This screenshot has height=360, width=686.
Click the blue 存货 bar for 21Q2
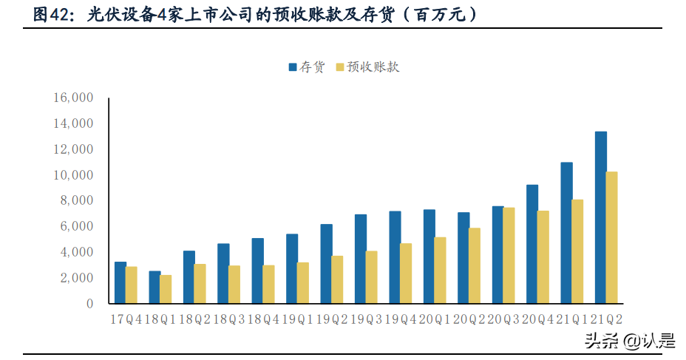coord(601,217)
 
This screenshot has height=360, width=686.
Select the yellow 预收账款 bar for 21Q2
coord(612,237)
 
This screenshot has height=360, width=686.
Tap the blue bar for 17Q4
coord(120,282)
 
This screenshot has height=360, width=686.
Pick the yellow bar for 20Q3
coord(509,255)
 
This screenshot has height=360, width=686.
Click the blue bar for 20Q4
coord(532,244)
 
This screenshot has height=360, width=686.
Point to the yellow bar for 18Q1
coord(166,289)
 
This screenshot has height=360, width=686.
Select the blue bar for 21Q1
coord(567,233)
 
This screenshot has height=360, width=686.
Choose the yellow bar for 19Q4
coord(406,274)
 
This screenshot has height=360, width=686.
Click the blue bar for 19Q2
coord(326,264)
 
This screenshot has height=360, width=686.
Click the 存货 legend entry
coord(306,67)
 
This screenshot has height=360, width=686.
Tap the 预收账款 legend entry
coord(367,67)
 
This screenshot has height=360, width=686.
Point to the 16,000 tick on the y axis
coord(72,98)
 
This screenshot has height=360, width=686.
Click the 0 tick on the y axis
coord(89,304)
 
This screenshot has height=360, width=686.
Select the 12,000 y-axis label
coord(72,149)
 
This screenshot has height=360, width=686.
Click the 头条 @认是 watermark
coord(630,341)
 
